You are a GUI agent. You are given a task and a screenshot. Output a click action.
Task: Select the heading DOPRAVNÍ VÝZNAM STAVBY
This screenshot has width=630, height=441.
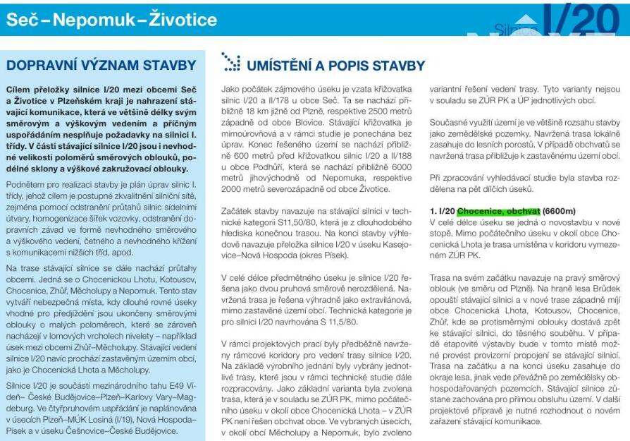click(101, 66)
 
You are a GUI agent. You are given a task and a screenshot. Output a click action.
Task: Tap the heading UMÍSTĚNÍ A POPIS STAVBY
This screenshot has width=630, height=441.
click(334, 66)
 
